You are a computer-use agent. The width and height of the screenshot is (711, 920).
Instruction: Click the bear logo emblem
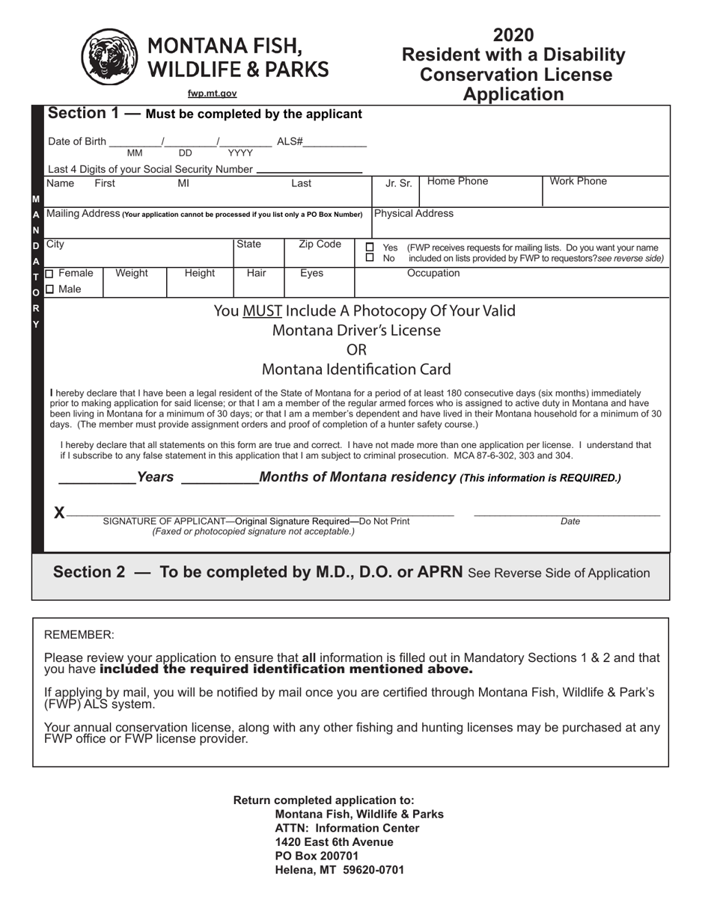109,57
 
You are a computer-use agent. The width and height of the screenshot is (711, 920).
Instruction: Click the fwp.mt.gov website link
212,93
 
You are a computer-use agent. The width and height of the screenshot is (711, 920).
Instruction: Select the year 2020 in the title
513,35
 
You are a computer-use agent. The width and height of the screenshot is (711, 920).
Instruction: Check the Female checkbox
50,274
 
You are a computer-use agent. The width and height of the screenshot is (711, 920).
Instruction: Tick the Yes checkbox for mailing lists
370,248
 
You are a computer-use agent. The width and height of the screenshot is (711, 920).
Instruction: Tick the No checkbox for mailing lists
370,258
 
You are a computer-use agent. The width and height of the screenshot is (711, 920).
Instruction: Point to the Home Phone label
457,181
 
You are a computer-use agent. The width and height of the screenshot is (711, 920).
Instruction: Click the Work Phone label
579,181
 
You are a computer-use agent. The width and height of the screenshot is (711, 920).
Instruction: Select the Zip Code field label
320,245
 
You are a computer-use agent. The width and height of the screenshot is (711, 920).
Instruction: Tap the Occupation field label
433,274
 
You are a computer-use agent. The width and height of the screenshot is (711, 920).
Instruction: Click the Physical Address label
413,213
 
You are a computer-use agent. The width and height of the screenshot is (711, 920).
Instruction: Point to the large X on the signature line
60,512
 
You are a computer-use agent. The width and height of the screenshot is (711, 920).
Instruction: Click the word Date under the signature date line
570,521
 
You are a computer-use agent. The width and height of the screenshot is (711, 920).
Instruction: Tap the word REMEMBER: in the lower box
79,635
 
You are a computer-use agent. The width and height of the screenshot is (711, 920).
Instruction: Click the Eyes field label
311,274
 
